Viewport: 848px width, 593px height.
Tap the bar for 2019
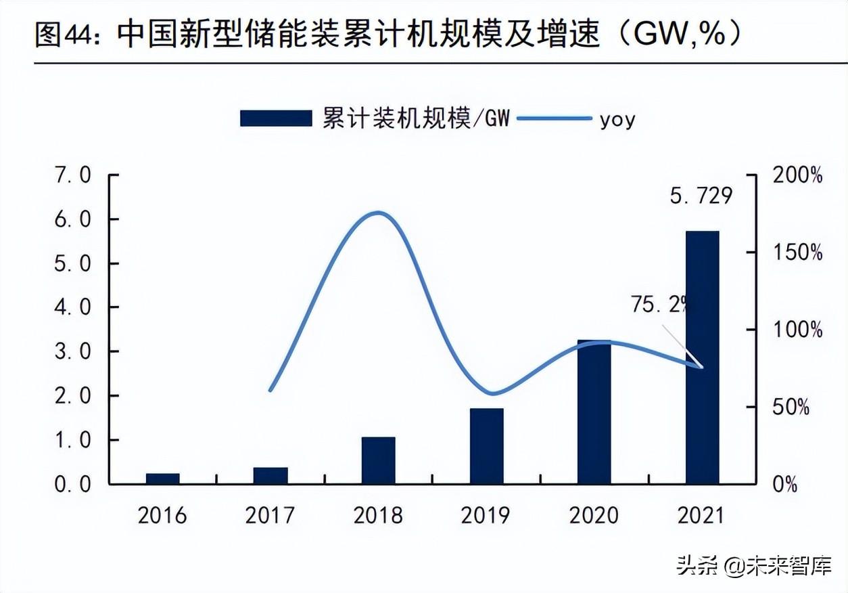[486, 446]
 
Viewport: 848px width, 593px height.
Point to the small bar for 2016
[162, 479]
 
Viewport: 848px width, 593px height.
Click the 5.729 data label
[701, 196]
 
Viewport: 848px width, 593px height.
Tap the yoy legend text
[617, 120]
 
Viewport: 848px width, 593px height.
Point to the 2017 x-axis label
[270, 516]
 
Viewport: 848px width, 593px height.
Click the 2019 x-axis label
[486, 516]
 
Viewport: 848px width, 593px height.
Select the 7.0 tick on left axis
[72, 176]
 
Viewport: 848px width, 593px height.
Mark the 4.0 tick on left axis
[72, 308]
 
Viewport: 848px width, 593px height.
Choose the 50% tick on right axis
[791, 408]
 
